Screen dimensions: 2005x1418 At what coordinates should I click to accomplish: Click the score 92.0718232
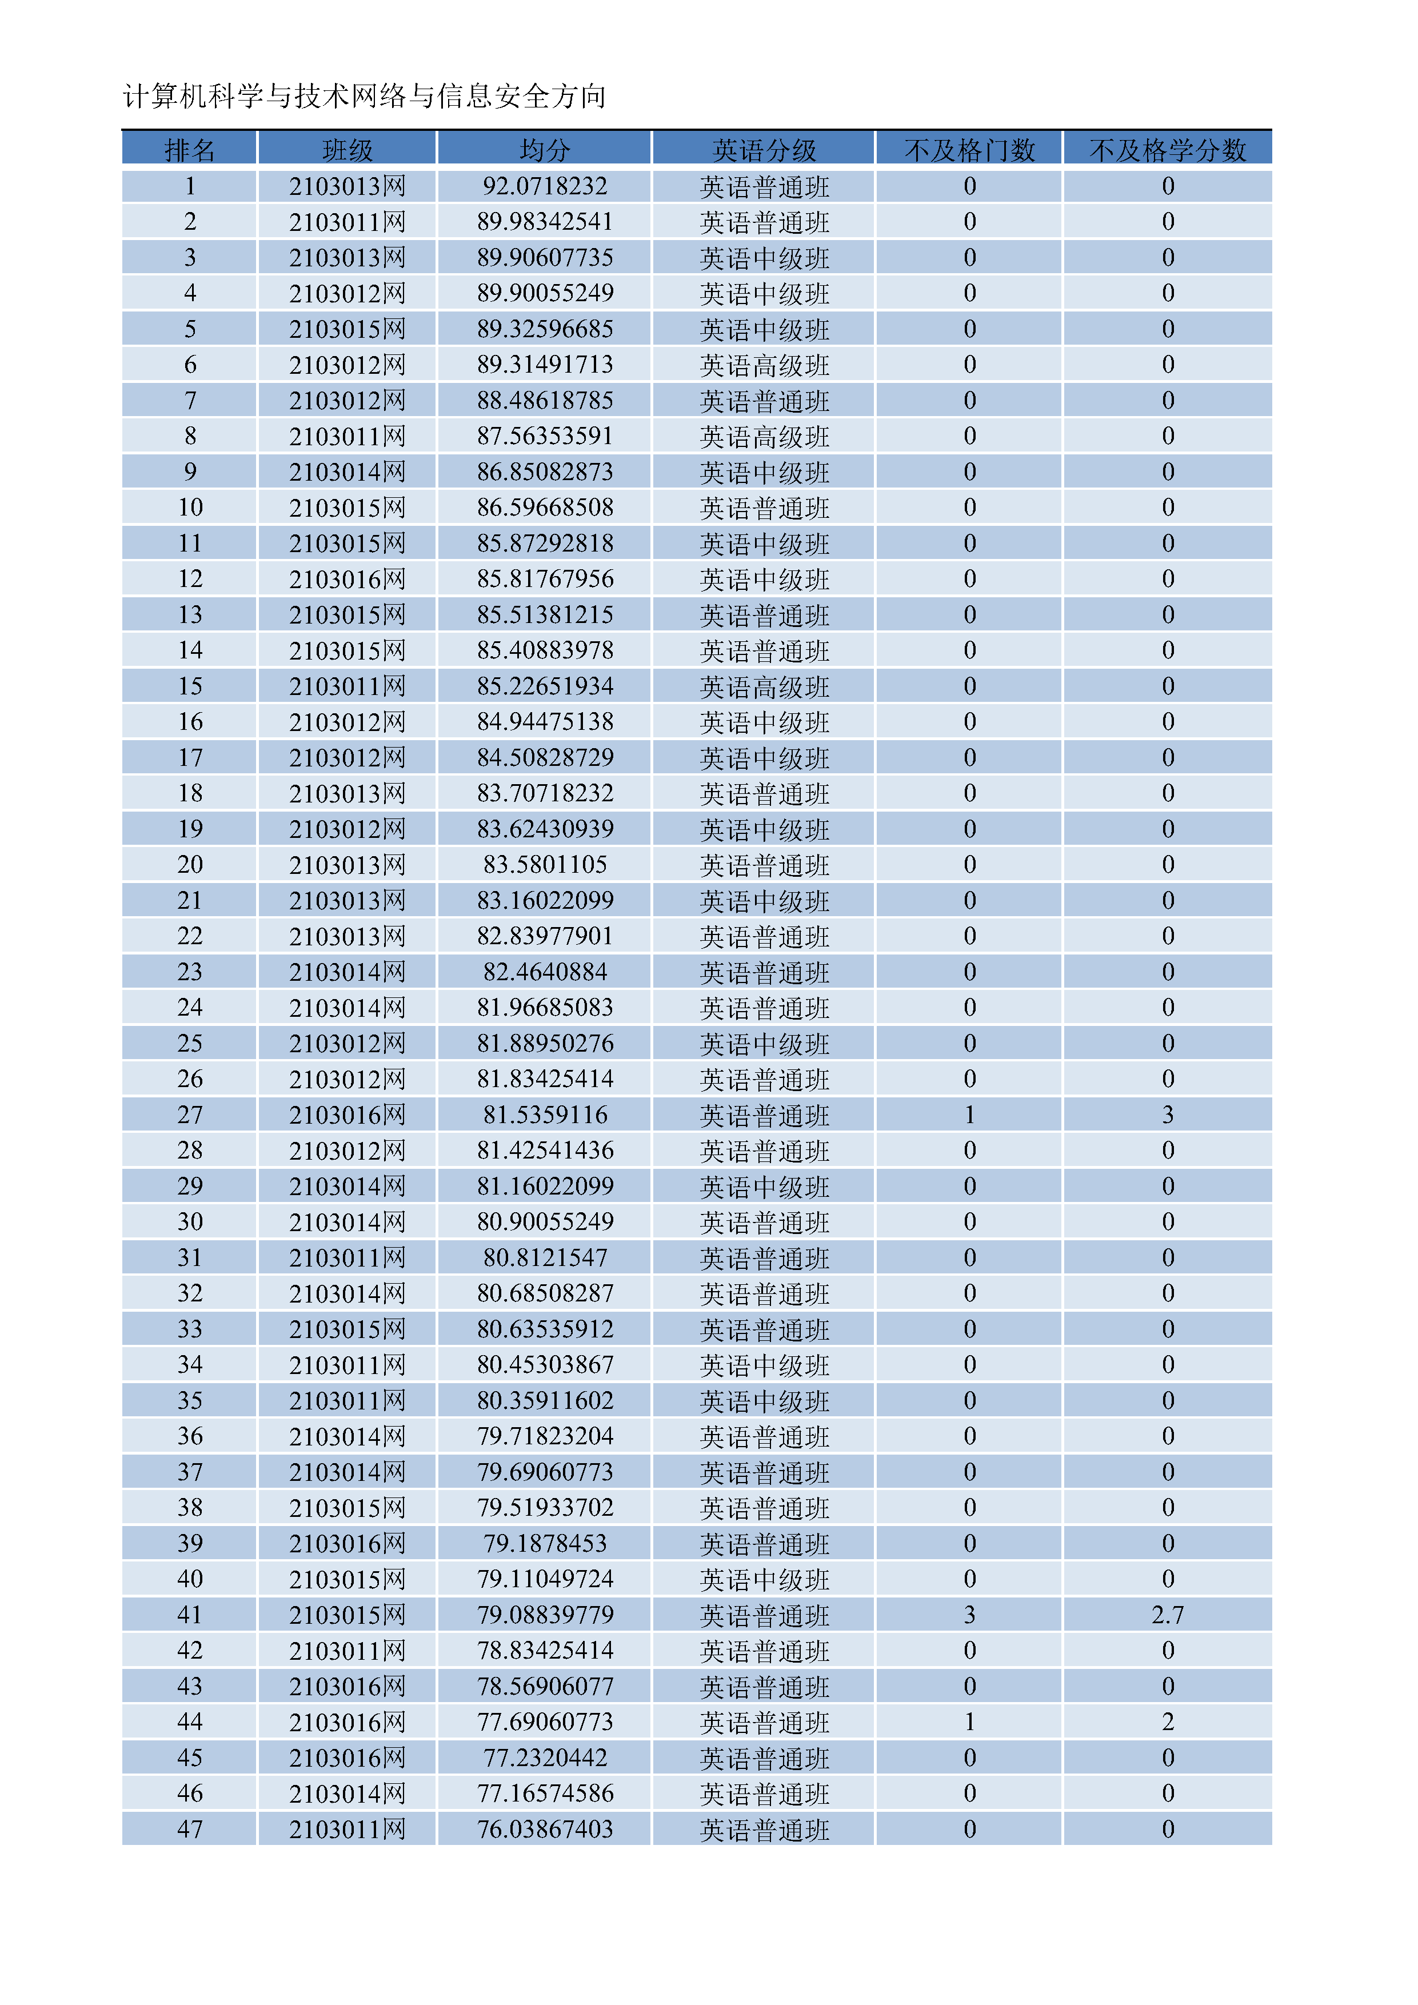click(x=545, y=186)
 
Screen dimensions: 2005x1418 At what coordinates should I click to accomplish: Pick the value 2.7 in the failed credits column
click(x=1168, y=1615)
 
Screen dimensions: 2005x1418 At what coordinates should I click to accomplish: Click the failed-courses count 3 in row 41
click(x=969, y=1615)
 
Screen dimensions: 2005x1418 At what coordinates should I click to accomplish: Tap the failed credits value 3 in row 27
click(x=1168, y=1115)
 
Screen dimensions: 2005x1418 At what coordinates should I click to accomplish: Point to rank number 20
click(x=190, y=865)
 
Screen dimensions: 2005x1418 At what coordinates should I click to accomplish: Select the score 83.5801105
click(x=545, y=865)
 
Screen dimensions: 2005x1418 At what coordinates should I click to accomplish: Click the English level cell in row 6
click(x=764, y=365)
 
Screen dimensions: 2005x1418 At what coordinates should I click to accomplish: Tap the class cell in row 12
click(x=347, y=579)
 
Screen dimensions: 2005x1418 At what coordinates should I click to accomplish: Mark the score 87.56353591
click(x=545, y=436)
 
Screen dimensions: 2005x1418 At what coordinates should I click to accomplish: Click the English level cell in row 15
click(x=764, y=686)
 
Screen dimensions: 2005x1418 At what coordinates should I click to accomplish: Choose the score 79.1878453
click(x=545, y=1543)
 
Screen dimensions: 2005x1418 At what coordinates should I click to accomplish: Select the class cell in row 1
click(x=347, y=186)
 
